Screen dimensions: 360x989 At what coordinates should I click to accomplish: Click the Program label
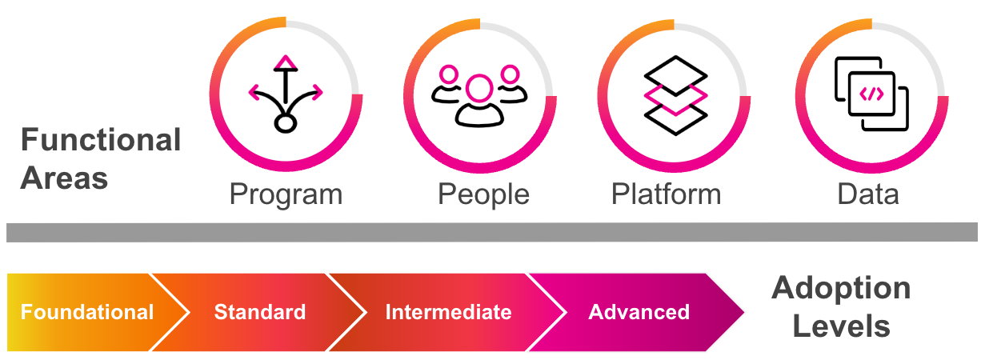286,194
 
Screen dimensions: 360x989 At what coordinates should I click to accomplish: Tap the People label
483,194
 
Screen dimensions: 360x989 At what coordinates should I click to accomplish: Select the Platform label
666,194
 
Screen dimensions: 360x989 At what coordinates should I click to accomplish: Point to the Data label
868,194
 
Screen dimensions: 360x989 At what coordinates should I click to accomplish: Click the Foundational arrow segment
86,312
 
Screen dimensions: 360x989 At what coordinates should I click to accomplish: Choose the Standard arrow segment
259,312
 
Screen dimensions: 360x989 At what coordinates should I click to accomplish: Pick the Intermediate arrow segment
448,312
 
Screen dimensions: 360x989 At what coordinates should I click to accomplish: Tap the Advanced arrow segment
639,312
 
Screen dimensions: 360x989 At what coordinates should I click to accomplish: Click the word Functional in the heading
101,141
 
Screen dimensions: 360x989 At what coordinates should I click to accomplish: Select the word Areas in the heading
64,178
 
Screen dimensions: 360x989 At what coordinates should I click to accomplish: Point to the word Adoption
841,288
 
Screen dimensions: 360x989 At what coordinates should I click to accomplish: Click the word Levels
842,326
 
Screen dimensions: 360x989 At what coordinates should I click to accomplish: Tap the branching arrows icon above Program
286,93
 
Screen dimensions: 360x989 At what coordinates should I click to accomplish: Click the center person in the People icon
479,100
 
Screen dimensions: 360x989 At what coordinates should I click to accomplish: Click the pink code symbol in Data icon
871,94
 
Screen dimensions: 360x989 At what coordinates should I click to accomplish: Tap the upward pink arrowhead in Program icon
286,62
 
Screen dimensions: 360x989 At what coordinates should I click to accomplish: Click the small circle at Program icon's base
286,123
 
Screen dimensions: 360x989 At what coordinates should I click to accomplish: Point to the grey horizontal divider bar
491,232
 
